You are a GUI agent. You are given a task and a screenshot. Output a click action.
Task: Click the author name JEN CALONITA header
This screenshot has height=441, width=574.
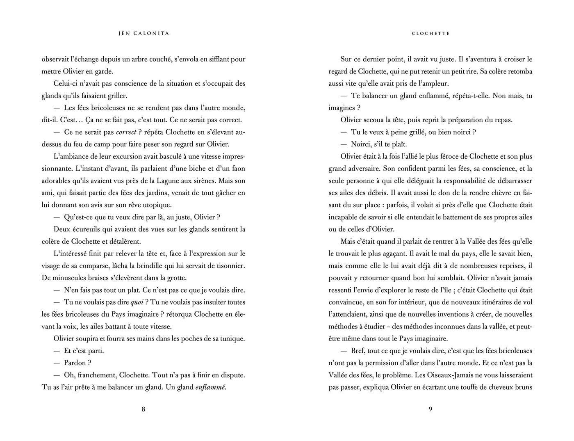(x=143, y=34)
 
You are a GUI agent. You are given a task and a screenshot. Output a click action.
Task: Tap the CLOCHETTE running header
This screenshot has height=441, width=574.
(x=430, y=34)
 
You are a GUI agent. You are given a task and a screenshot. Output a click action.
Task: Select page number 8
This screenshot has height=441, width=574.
(x=143, y=409)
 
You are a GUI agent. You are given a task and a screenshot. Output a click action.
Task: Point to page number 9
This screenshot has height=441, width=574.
(x=430, y=409)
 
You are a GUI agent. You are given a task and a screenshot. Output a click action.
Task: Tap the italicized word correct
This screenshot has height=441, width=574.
(x=126, y=132)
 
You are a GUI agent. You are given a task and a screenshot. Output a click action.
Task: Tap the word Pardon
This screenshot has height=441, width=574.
(x=75, y=363)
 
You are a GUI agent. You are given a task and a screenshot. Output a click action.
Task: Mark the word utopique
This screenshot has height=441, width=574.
(x=157, y=205)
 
